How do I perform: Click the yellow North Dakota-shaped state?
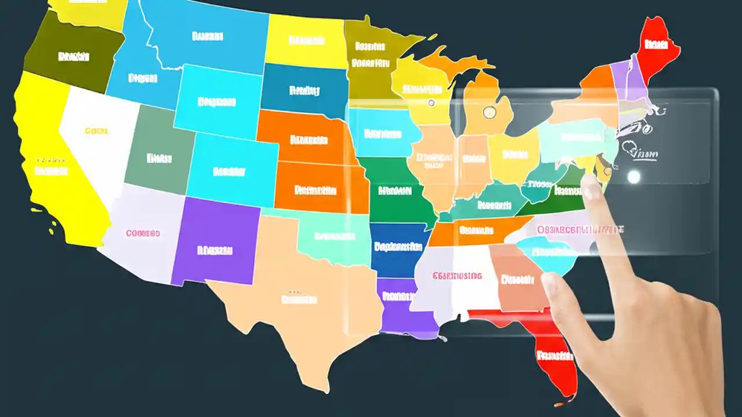(x=305, y=41)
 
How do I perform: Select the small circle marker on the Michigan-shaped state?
(x=489, y=112)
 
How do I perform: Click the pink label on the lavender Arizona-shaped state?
(x=143, y=233)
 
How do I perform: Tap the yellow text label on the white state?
(x=96, y=131)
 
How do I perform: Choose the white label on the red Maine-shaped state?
(x=656, y=44)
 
